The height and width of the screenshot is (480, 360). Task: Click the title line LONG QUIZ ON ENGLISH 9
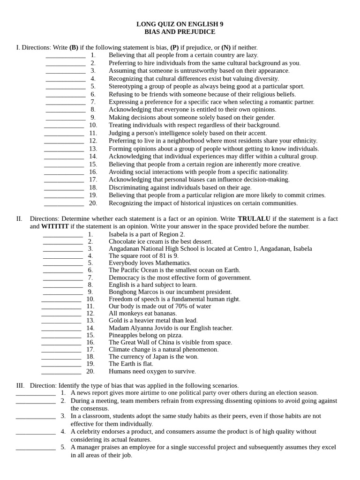pos(180,24)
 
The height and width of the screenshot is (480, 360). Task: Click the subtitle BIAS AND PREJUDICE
pos(180,32)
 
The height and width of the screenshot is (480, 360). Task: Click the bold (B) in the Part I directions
pos(74,47)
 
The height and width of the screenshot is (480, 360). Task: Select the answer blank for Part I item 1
pos(66,56)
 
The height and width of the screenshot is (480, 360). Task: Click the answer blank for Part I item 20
pos(64,204)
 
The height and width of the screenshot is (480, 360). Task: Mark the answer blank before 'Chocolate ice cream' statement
pos(63,242)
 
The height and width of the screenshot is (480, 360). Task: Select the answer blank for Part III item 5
pos(36,448)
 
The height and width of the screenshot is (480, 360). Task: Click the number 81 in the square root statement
pos(159,256)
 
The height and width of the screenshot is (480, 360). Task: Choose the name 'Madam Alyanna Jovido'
pos(139,328)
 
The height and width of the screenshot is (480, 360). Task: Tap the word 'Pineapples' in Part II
pos(124,336)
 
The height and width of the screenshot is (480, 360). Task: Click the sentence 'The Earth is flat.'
pos(131,364)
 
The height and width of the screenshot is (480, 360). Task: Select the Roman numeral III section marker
pos(20,385)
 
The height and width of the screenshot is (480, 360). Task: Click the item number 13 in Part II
pos(90,321)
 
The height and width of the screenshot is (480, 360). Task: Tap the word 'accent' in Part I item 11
pos(257,133)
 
